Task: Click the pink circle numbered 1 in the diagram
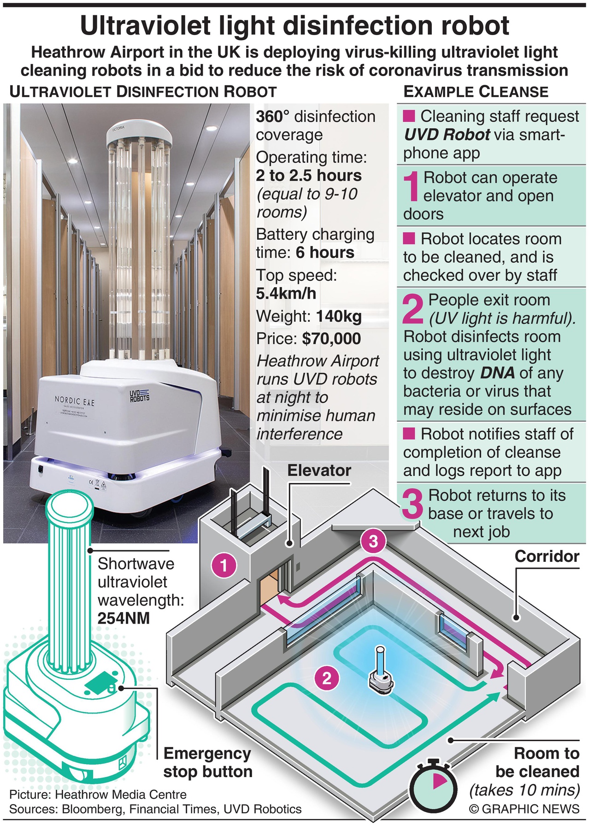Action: tap(224, 565)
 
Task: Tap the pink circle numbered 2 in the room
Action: tap(327, 678)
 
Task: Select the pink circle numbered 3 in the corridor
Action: tap(373, 541)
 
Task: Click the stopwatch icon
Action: tap(433, 790)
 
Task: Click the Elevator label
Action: tap(319, 470)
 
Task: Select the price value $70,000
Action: tap(331, 339)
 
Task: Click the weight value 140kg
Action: tap(339, 316)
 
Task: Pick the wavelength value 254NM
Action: tap(124, 618)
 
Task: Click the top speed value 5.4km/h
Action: tap(286, 293)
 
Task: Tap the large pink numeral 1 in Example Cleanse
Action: tap(413, 186)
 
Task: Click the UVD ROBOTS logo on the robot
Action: tap(139, 395)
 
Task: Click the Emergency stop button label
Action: tap(207, 763)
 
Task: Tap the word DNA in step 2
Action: tap(497, 372)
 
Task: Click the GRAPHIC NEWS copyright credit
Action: tap(524, 808)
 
